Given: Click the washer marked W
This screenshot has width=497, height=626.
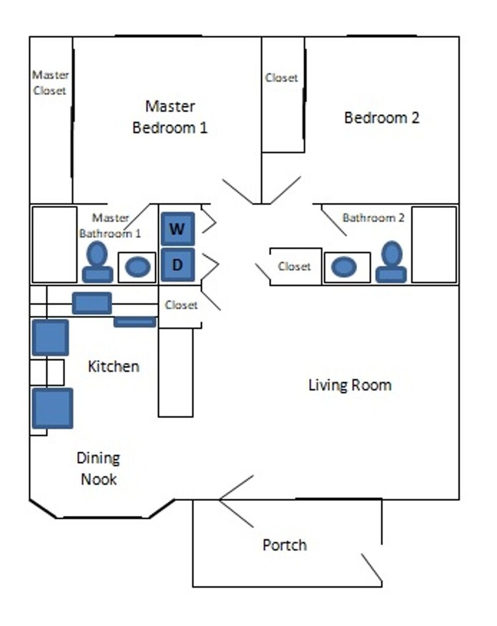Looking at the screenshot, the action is click(x=177, y=229).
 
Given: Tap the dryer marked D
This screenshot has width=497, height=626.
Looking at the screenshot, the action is click(x=177, y=265).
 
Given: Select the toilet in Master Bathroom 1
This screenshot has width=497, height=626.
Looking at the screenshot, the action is click(x=97, y=262).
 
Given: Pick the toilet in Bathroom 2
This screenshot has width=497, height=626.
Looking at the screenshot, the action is click(x=392, y=262).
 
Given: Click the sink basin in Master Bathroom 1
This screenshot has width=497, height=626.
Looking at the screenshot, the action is click(x=138, y=267).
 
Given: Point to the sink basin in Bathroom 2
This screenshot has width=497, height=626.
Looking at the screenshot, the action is click(x=344, y=267).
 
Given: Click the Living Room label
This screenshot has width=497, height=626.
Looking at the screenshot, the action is click(x=350, y=385).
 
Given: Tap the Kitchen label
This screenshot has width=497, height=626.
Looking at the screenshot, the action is click(x=114, y=366).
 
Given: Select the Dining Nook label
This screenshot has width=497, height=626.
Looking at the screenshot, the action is click(x=99, y=468).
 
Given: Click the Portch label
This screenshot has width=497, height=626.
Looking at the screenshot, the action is click(x=285, y=545).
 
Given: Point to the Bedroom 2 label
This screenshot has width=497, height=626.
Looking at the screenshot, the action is click(x=382, y=118).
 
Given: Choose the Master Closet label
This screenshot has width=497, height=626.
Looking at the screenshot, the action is click(x=50, y=83).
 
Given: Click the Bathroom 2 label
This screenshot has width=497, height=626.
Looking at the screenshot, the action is click(x=373, y=218).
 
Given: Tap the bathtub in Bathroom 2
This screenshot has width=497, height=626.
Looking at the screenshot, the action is click(x=434, y=245).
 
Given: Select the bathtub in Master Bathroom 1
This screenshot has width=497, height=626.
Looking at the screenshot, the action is click(x=54, y=245).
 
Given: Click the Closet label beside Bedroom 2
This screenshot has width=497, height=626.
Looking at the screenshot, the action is click(x=282, y=78).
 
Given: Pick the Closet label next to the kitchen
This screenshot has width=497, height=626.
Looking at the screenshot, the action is click(x=181, y=305).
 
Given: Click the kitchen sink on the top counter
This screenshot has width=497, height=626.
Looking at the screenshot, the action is click(x=92, y=303).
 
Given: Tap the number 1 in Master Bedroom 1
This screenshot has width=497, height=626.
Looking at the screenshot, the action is click(x=203, y=128).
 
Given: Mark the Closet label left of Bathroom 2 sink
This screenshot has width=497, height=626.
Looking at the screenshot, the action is click(x=294, y=267).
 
